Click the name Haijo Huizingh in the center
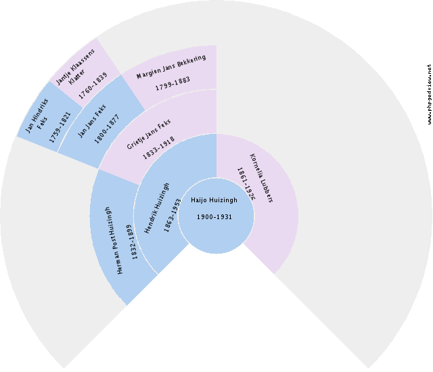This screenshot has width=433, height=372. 214,200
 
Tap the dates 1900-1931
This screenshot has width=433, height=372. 214,217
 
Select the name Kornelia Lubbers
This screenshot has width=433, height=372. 261,179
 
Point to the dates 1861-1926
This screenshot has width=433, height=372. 246,184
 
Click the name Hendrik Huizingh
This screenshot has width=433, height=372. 157,208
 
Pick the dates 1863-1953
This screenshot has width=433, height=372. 172,215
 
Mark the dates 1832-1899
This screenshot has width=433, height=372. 132,242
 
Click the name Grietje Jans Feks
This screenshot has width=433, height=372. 149,134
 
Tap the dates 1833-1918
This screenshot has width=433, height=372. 158,148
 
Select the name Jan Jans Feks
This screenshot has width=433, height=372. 92,121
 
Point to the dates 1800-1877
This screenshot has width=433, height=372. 107,129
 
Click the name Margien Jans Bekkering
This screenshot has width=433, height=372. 171,66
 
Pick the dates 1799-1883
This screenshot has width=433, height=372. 173,84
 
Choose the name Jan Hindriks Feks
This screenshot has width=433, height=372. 37,116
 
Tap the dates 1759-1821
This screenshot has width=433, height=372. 60,127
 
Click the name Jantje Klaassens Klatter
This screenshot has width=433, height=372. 75,67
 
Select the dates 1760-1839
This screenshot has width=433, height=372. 93,86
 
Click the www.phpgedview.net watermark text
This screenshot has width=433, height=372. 429,95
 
